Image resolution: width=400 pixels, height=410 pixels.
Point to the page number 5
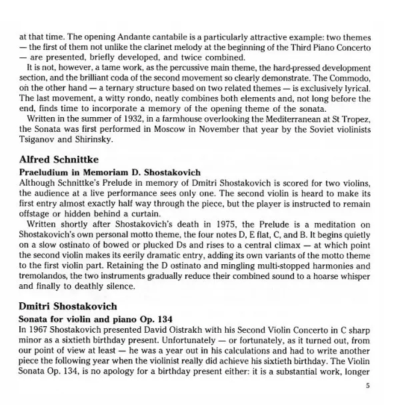367,385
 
